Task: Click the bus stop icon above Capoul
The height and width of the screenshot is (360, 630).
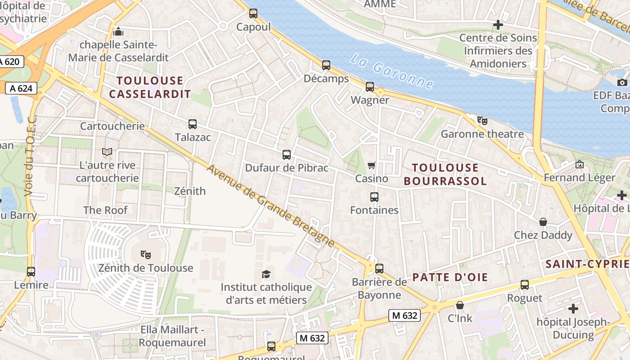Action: (x=253, y=13)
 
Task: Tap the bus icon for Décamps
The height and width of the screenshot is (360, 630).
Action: (x=326, y=65)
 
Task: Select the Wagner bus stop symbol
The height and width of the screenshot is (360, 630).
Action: (x=370, y=86)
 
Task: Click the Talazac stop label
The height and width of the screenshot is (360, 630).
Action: (x=193, y=137)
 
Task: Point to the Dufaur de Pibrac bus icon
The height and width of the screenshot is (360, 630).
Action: (x=287, y=155)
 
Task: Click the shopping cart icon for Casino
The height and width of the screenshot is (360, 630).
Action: (x=372, y=165)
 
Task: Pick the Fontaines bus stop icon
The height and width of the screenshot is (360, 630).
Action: (x=374, y=197)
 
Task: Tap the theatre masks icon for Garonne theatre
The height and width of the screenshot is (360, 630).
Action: (x=482, y=120)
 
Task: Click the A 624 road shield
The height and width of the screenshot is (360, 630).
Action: (x=21, y=88)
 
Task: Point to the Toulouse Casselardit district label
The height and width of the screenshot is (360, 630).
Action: (x=150, y=87)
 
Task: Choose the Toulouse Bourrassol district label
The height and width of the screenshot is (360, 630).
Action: (x=445, y=174)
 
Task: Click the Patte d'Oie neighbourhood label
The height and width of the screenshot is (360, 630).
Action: (x=450, y=277)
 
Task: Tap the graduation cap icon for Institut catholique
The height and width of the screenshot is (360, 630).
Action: (x=266, y=274)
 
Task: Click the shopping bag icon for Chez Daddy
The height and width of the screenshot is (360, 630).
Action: (x=543, y=222)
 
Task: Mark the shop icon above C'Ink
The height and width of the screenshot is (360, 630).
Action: (x=459, y=305)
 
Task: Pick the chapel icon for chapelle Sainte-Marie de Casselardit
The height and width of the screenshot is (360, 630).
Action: (x=118, y=31)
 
